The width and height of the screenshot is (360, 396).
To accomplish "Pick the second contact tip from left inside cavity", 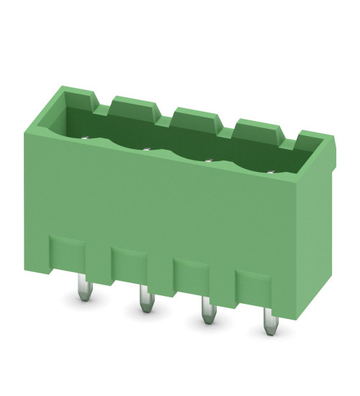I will pyautogui.click(x=146, y=149).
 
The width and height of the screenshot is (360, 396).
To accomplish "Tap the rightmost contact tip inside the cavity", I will pyautogui.click(x=271, y=171).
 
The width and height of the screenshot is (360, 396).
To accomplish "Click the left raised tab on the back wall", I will pyautogui.click(x=135, y=107).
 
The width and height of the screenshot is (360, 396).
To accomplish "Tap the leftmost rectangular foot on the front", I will pyautogui.click(x=67, y=256).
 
